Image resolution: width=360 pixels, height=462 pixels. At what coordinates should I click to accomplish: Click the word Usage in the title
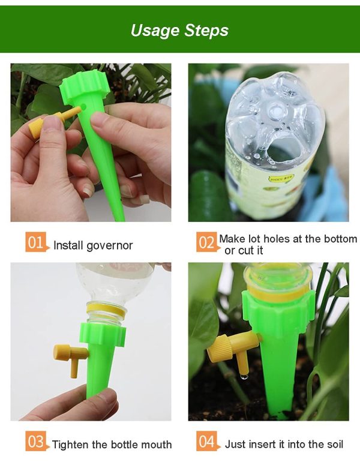point(155,31)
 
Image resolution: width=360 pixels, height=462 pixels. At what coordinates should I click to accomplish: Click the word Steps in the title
point(206,31)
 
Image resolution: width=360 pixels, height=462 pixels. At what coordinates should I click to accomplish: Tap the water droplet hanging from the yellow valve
point(244,377)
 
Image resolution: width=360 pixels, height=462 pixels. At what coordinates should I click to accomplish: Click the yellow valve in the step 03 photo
point(70,356)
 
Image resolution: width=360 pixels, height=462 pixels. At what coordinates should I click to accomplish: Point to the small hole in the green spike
point(84,106)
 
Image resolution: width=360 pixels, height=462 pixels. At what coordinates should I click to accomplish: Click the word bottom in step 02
point(341,239)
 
